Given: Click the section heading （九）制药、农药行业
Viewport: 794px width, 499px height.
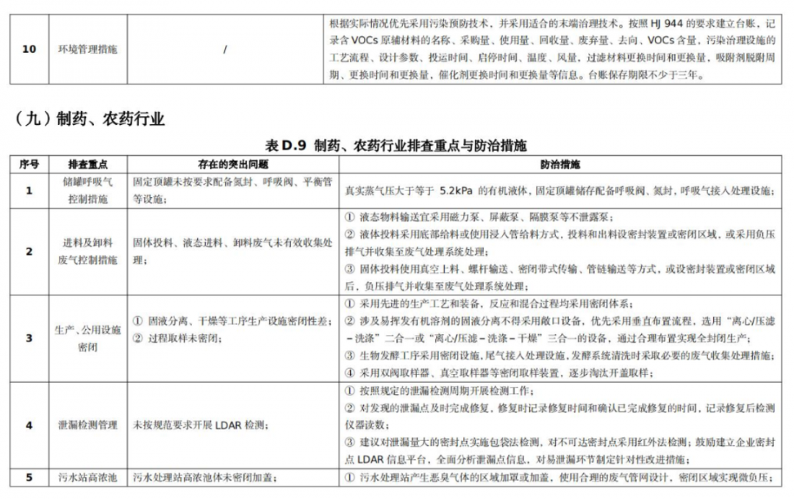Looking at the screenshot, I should (x=89, y=119).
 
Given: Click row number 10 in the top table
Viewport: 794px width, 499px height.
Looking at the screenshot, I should (x=29, y=50).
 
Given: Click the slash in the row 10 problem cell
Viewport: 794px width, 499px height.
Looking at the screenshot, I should (x=225, y=50).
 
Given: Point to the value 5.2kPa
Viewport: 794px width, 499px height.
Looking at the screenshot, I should (x=459, y=190).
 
